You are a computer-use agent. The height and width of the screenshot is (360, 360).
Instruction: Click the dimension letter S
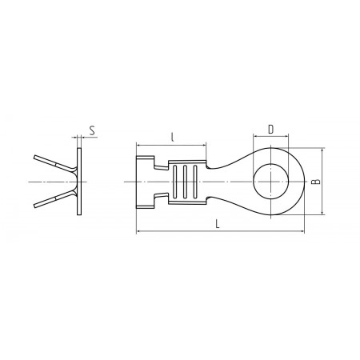tap(92, 130)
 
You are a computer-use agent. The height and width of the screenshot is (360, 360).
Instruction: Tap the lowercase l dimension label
tap(173, 137)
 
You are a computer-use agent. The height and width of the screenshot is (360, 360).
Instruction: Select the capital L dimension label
tap(218, 224)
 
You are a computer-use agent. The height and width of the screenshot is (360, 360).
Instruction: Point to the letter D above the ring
tap(270, 130)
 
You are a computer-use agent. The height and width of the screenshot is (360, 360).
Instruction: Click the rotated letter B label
tap(316, 182)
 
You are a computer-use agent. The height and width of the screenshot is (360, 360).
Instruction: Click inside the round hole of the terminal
tap(270, 182)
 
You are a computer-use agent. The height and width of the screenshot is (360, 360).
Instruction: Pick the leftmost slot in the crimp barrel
tap(175, 182)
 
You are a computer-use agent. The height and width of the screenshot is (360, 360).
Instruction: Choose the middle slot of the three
tap(185, 182)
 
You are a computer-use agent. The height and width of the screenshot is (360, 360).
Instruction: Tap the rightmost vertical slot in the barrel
tap(195, 182)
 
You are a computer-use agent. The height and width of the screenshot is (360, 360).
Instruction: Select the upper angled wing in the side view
tap(54, 163)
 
